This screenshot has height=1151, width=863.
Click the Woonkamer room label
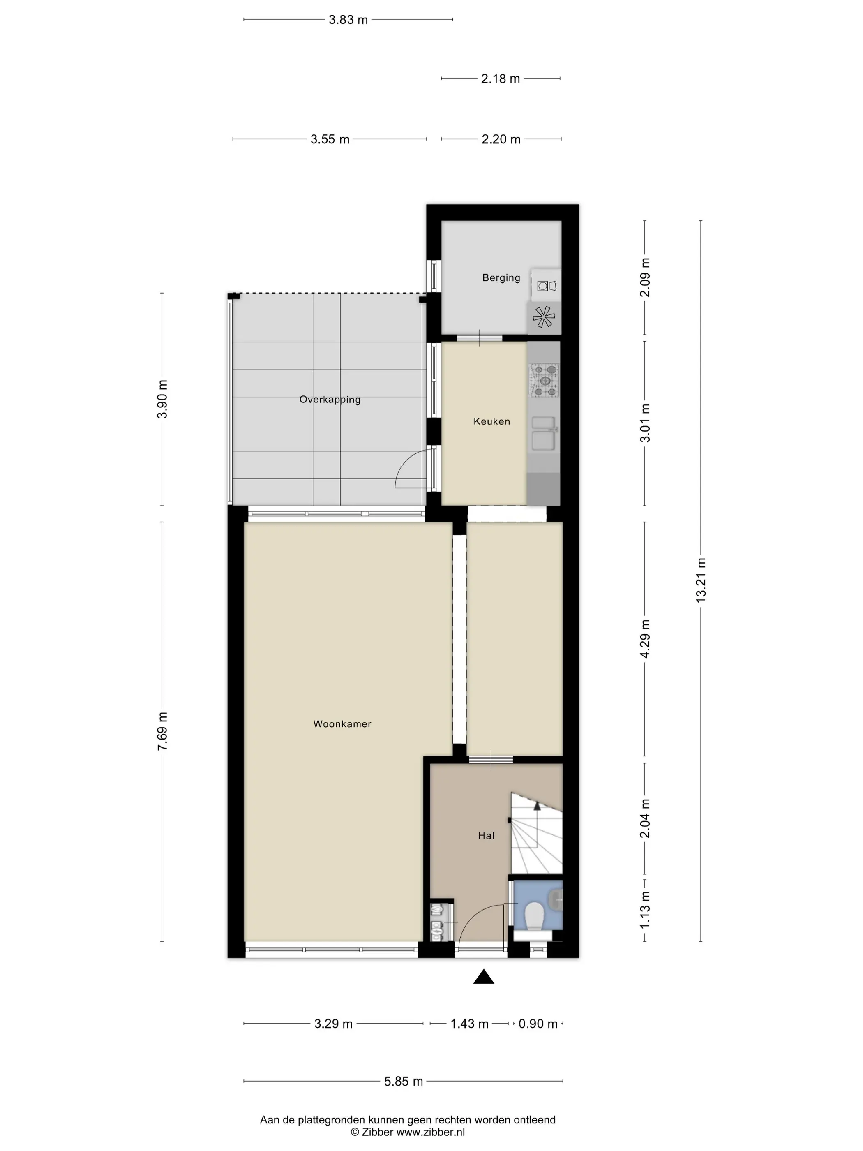pyautogui.click(x=342, y=724)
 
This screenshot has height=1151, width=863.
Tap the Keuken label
pyautogui.click(x=491, y=421)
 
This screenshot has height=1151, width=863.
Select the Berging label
pyautogui.click(x=501, y=278)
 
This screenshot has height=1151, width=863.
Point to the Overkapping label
pyautogui.click(x=330, y=400)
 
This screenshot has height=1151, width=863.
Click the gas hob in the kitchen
pyautogui.click(x=544, y=380)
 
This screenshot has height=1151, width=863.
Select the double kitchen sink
pyautogui.click(x=544, y=433)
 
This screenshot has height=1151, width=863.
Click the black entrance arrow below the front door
pyautogui.click(x=483, y=977)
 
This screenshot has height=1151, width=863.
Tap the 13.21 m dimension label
pyautogui.click(x=701, y=580)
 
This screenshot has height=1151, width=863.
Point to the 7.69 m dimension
pyautogui.click(x=162, y=731)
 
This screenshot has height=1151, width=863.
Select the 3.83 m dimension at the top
pyautogui.click(x=348, y=20)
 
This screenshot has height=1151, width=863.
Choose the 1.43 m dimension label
pyautogui.click(x=469, y=1024)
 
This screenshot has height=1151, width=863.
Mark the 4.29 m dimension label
pyautogui.click(x=645, y=638)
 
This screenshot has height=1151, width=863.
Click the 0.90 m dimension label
pyautogui.click(x=538, y=1024)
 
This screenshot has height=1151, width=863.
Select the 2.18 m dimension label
pyautogui.click(x=501, y=79)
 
